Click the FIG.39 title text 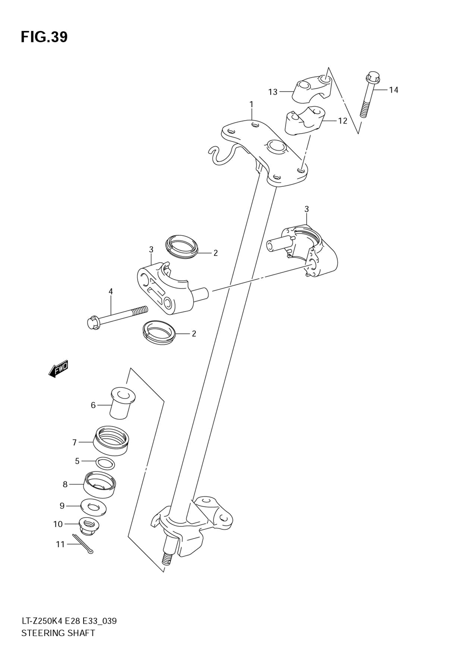point(44,37)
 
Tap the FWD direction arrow point(59,369)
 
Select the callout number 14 point(393,90)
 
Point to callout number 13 point(273,92)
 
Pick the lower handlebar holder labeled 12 point(303,121)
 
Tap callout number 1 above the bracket point(251,104)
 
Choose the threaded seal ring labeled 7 point(111,440)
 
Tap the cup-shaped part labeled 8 point(100,484)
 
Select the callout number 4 point(111,291)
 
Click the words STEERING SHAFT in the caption point(58,633)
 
